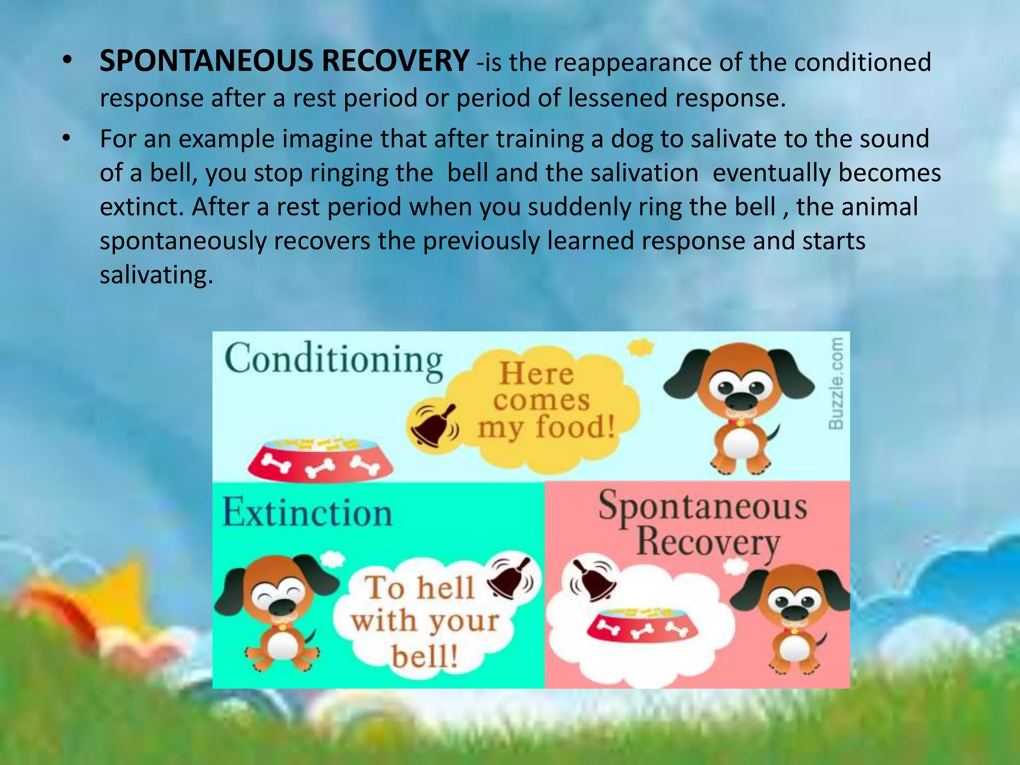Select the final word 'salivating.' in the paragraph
tap(156, 275)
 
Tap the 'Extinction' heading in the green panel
tap(307, 513)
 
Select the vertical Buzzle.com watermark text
tap(836, 383)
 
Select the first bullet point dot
tap(68, 62)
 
